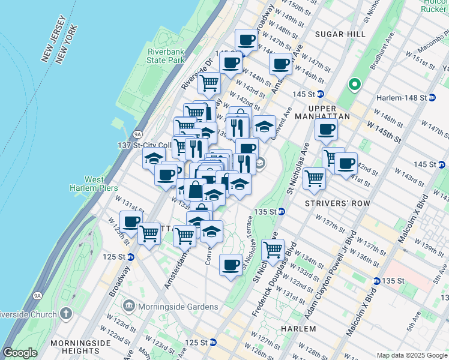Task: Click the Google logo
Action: pyautogui.click(x=20, y=353)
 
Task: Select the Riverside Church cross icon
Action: pyautogui.click(x=66, y=313)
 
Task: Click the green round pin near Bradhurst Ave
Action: pyautogui.click(x=354, y=85)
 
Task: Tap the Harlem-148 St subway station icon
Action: pyautogui.click(x=432, y=97)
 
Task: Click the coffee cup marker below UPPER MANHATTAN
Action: pyautogui.click(x=326, y=129)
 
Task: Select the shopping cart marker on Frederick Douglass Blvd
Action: pyautogui.click(x=273, y=249)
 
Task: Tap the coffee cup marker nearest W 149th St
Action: pyautogui.click(x=246, y=40)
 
